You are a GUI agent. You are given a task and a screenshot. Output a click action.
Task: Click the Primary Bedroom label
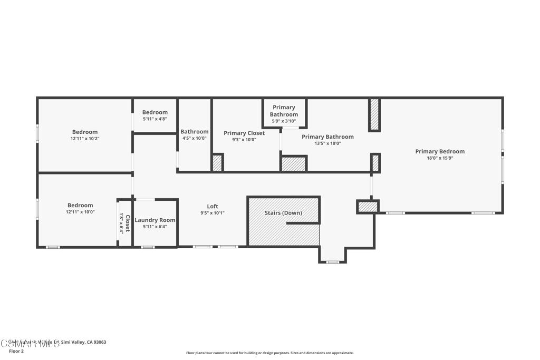[440, 151]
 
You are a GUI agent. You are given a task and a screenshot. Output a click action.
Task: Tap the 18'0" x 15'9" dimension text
[440, 158]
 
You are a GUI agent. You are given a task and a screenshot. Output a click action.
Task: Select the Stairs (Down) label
[283, 213]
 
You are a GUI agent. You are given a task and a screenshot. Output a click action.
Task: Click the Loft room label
[213, 206]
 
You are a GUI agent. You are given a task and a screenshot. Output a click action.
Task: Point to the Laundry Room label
[155, 220]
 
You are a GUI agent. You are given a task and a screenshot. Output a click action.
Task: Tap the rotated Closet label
[127, 223]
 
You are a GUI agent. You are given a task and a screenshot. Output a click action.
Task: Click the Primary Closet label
[244, 133]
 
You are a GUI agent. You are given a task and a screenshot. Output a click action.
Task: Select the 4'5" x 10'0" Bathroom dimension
[195, 138]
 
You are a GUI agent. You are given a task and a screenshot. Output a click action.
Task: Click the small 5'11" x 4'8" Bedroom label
[155, 112]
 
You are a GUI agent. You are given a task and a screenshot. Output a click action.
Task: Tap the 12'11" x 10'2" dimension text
[85, 139]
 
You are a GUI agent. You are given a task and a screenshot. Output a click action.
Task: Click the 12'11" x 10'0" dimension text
[80, 212]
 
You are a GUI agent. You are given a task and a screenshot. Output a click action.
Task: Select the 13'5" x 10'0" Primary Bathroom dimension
[327, 143]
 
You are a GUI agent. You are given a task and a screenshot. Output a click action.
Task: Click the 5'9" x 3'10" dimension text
[284, 121]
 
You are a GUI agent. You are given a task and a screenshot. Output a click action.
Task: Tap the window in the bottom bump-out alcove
[332, 262]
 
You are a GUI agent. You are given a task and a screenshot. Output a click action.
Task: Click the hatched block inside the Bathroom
[217, 163]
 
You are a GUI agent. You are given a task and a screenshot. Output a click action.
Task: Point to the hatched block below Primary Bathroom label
[294, 164]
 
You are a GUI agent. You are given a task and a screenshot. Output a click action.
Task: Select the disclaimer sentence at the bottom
[269, 353]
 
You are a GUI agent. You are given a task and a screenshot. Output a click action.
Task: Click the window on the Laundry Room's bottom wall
[148, 247]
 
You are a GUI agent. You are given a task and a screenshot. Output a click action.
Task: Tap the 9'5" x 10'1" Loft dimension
[213, 213]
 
